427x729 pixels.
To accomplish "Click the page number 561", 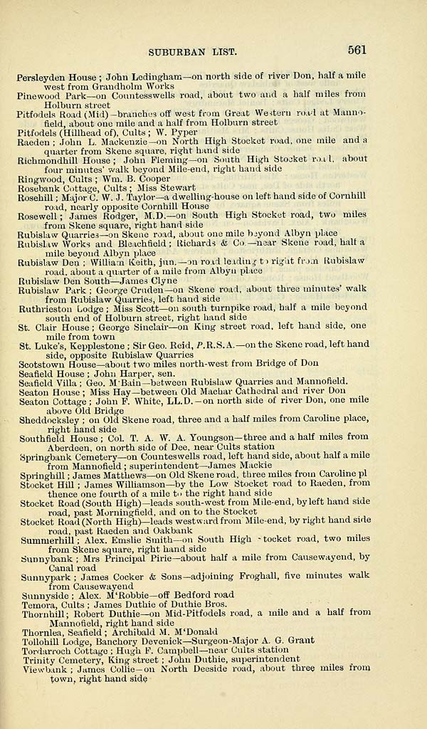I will pyautogui.click(x=357, y=50).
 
